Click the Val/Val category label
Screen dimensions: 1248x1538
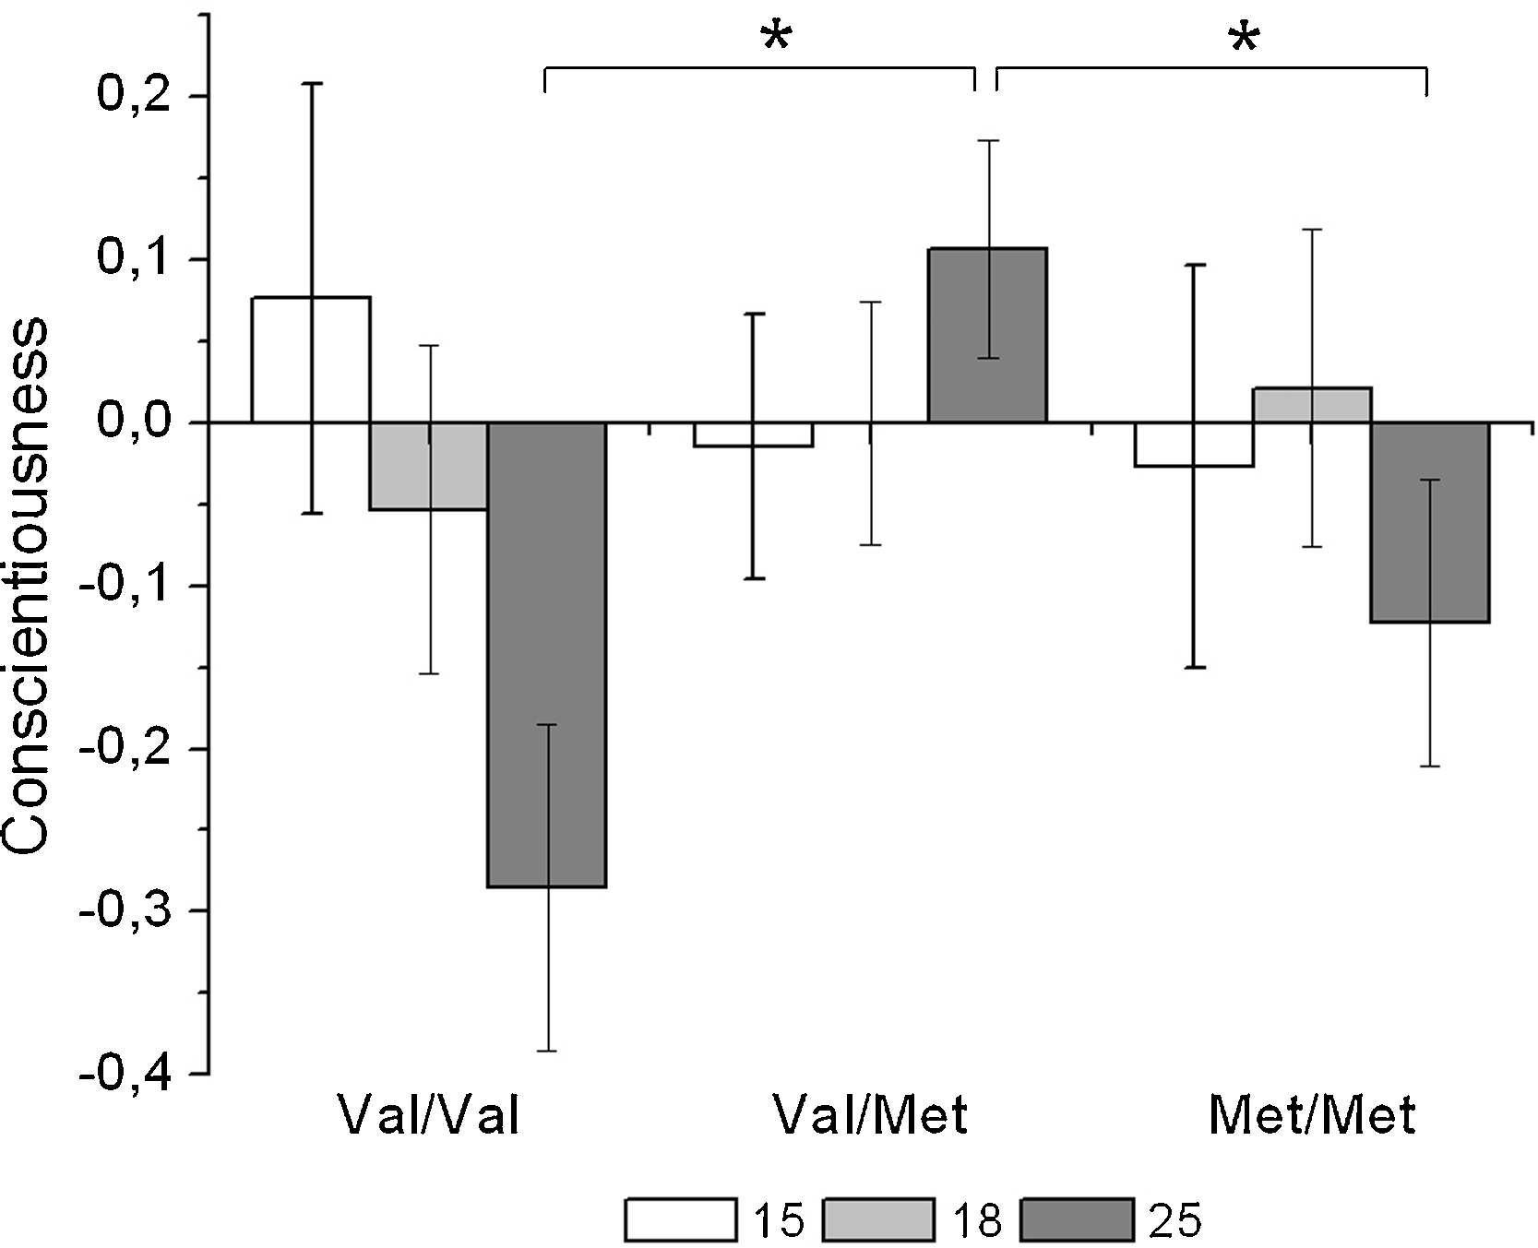428,1115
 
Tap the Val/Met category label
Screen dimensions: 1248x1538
871,1115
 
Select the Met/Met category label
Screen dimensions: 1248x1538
1311,1115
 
